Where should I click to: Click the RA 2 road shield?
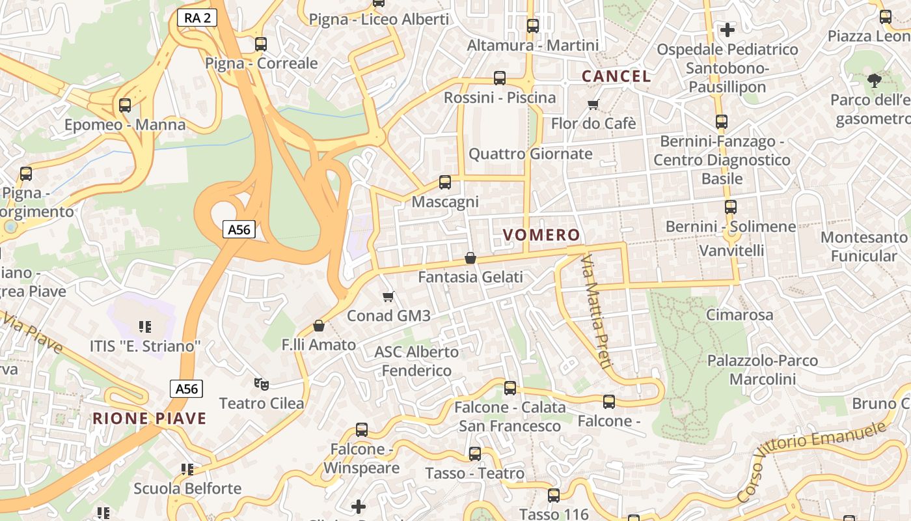click(197, 18)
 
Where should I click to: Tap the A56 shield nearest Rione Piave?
click(187, 389)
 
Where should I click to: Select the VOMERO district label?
click(541, 235)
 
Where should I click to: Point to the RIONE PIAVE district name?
click(149, 418)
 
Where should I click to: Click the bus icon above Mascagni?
click(445, 182)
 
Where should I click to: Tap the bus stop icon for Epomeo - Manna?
click(125, 105)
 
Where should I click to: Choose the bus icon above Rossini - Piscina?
click(500, 78)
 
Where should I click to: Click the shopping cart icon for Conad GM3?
click(388, 297)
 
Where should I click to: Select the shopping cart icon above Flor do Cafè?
click(593, 104)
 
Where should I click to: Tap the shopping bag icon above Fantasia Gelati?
click(470, 259)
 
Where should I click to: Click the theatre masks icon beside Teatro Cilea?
click(261, 384)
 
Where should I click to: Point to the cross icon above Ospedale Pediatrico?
click(727, 30)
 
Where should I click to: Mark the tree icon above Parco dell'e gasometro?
click(873, 81)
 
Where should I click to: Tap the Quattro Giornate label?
click(530, 154)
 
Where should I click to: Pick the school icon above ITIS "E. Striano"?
click(145, 326)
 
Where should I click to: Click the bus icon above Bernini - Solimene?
click(731, 207)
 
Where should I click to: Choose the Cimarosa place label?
click(740, 315)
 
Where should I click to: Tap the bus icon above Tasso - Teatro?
click(475, 454)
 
